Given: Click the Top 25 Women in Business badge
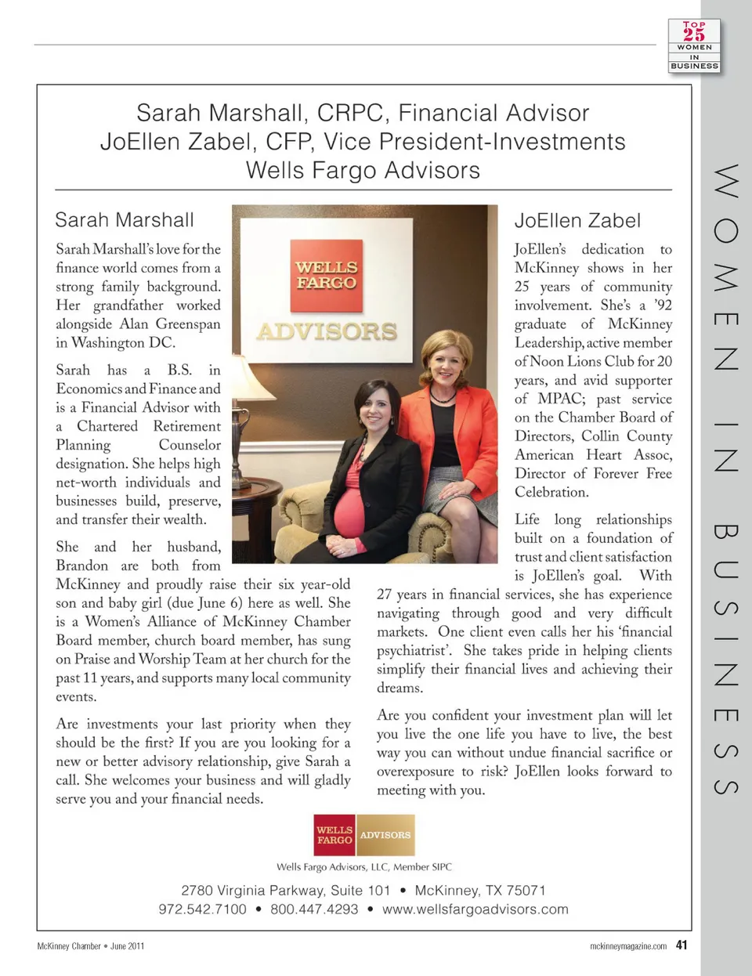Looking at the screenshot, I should pyautogui.click(x=694, y=46).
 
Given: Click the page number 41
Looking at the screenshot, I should pyautogui.click(x=681, y=945).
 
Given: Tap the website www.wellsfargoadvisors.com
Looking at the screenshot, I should pyautogui.click(x=475, y=909).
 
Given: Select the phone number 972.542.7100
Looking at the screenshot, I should pyautogui.click(x=202, y=909).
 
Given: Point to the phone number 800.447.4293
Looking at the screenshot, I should pyautogui.click(x=314, y=909).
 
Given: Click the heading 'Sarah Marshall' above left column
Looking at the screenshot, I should pyautogui.click(x=125, y=220).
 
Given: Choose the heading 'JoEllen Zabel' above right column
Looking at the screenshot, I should pyautogui.click(x=577, y=221).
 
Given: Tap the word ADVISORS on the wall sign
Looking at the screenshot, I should pyautogui.click(x=327, y=331).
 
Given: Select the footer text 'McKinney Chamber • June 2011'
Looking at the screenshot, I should pyautogui.click(x=91, y=946).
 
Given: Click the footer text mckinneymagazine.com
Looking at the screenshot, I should pyautogui.click(x=627, y=946).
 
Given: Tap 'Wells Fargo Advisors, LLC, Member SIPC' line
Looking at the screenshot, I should pyautogui.click(x=364, y=867).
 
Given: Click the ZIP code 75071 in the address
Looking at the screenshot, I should pyautogui.click(x=526, y=891).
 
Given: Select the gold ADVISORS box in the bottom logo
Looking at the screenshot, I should pyautogui.click(x=385, y=835).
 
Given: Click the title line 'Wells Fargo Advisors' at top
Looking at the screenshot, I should pyautogui.click(x=363, y=171).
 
